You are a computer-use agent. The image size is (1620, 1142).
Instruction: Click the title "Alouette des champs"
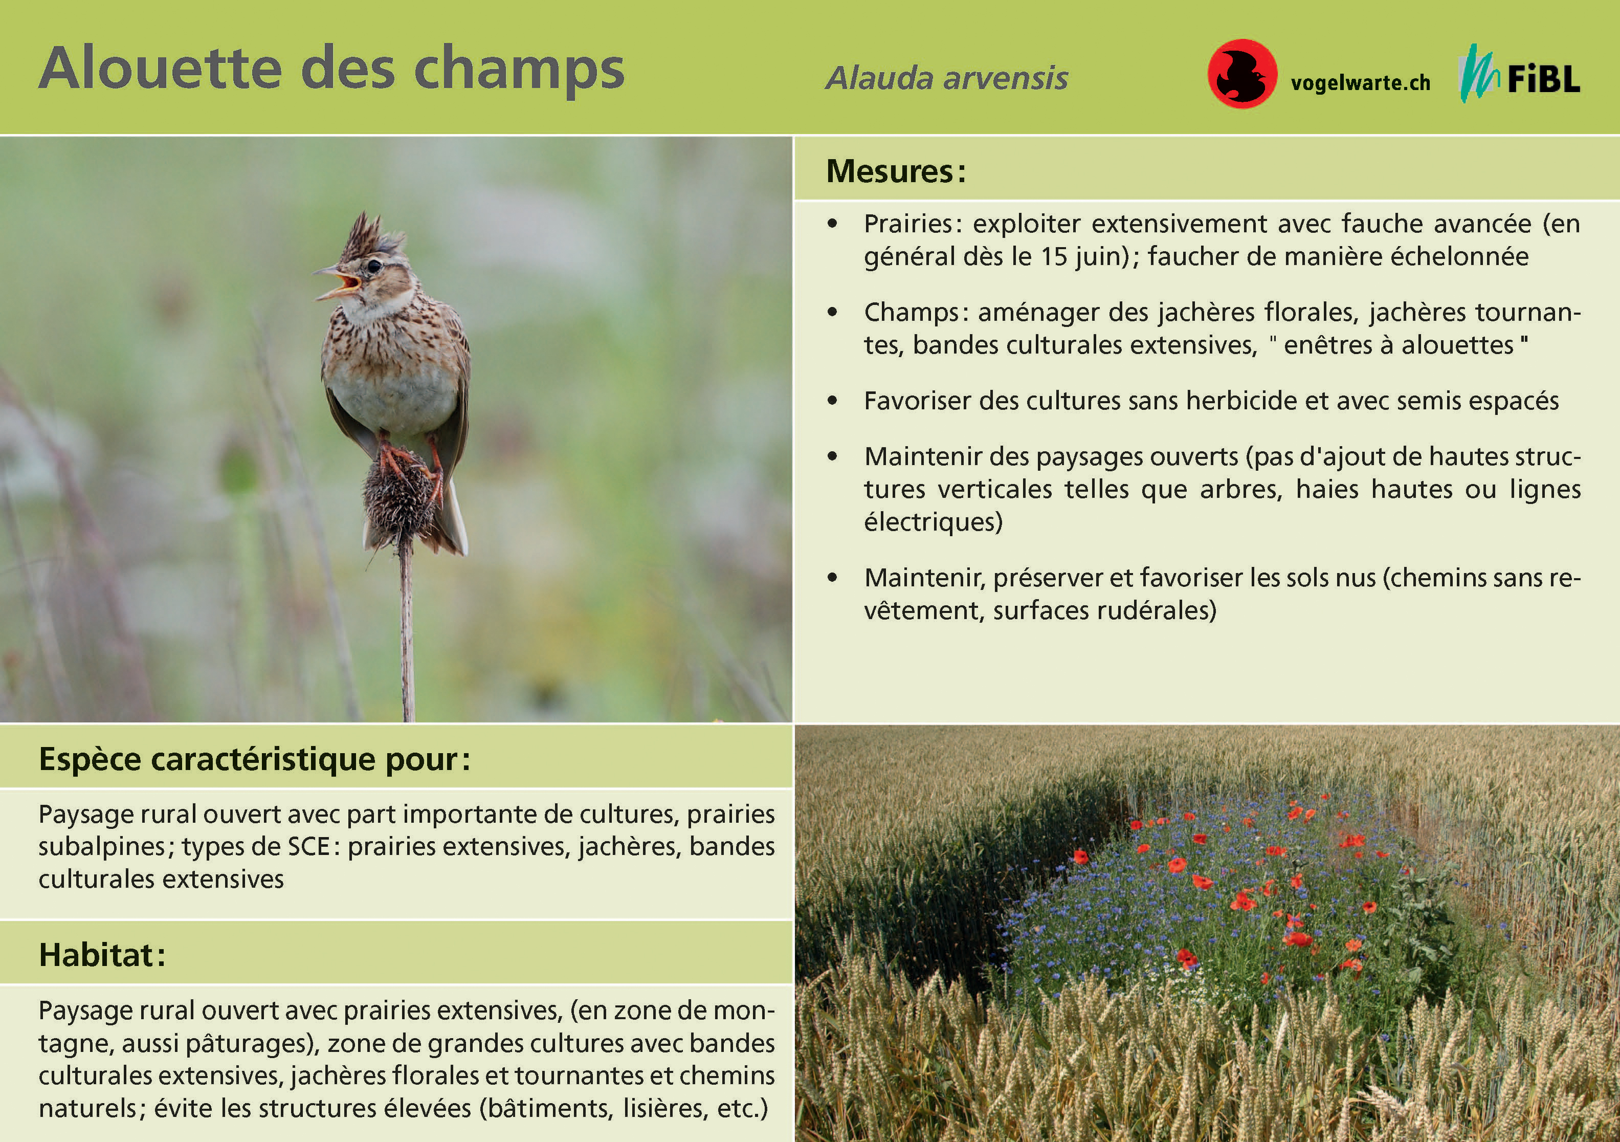pyautogui.click(x=331, y=69)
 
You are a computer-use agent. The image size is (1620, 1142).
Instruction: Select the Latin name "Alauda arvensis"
pyautogui.click(x=947, y=78)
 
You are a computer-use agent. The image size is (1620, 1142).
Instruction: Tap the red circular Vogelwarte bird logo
pyautogui.click(x=1242, y=73)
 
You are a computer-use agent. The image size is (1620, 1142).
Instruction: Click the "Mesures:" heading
pyautogui.click(x=895, y=171)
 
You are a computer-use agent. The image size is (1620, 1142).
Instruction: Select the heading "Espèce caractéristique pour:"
pyautogui.click(x=254, y=759)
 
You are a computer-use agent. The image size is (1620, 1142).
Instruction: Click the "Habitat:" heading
pyautogui.click(x=102, y=955)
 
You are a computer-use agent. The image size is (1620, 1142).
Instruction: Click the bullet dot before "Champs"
pyautogui.click(x=833, y=312)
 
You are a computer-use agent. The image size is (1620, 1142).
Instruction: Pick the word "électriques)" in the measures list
pyautogui.click(x=933, y=522)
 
